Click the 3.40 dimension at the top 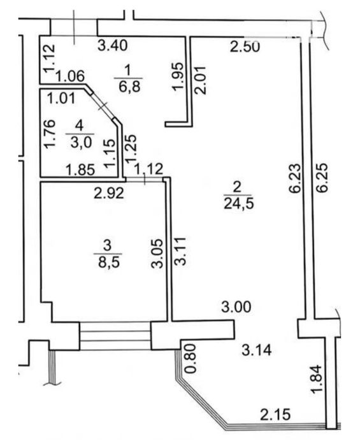click(x=112, y=45)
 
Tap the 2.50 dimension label click(x=245, y=47)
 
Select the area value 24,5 click(x=238, y=204)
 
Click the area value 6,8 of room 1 click(x=129, y=87)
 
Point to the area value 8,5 click(x=109, y=262)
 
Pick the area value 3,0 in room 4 click(x=81, y=142)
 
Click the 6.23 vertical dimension click(x=296, y=178)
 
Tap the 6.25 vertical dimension click(x=322, y=178)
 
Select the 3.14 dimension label click(x=257, y=350)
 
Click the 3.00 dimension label click(x=236, y=308)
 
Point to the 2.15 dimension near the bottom click(x=275, y=414)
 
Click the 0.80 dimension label click(x=191, y=358)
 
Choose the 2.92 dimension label click(x=109, y=194)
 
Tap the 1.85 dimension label click(x=80, y=170)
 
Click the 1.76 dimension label click(x=50, y=134)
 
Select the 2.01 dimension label click(x=200, y=80)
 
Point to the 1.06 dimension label click(x=70, y=76)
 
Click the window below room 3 click(x=115, y=336)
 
